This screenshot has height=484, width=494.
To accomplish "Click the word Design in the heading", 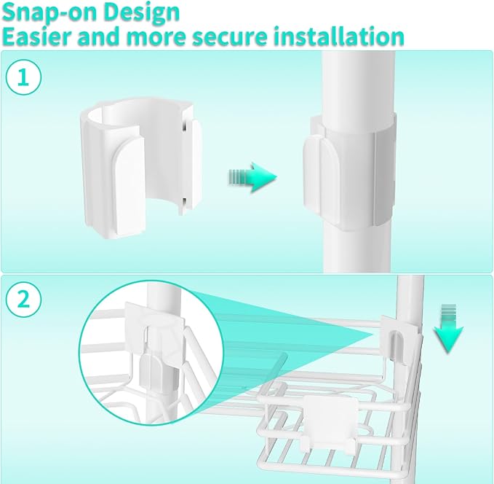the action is (x=141, y=12).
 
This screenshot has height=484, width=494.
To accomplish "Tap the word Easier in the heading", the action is (x=37, y=36).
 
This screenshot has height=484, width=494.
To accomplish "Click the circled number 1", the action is (x=23, y=77).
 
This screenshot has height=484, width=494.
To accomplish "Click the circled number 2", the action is (x=23, y=300).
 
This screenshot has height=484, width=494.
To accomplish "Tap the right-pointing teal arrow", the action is (x=252, y=177).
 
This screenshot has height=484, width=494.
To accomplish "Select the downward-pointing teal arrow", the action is (x=448, y=328).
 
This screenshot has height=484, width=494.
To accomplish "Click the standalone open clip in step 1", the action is (x=141, y=168).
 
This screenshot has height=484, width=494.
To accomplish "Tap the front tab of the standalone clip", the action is (x=128, y=189).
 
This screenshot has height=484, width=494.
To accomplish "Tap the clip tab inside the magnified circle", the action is (x=151, y=375).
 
